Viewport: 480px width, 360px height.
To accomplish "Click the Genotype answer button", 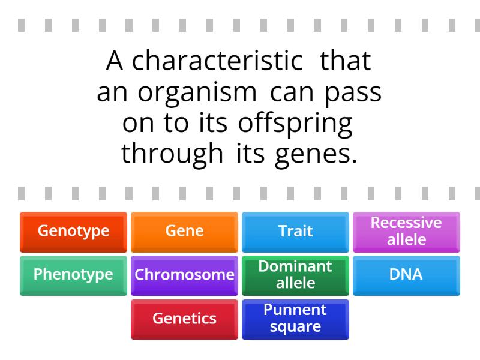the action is [73, 232].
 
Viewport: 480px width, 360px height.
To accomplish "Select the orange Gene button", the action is [184, 232].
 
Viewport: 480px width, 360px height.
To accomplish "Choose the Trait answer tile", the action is [295, 232].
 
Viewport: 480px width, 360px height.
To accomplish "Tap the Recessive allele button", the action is [407, 232].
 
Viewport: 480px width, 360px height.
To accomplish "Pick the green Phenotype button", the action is [73, 275].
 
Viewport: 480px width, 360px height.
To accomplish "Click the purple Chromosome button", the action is [184, 275].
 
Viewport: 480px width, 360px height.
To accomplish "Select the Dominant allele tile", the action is [295, 275].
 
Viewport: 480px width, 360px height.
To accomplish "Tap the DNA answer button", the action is [407, 275].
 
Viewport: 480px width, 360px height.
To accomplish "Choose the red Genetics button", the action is [184, 319].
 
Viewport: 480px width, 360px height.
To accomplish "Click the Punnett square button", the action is [295, 319].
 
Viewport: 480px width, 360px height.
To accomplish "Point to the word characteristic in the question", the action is [218, 61].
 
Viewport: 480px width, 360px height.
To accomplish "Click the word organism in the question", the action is [197, 93].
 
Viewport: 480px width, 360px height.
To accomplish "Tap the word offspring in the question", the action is [295, 124].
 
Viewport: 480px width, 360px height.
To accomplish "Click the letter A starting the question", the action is [115, 61].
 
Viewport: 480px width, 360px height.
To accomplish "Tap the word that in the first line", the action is [346, 61].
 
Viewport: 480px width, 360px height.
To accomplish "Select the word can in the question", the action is [292, 94].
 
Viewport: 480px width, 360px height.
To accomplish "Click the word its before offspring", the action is [214, 122].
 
